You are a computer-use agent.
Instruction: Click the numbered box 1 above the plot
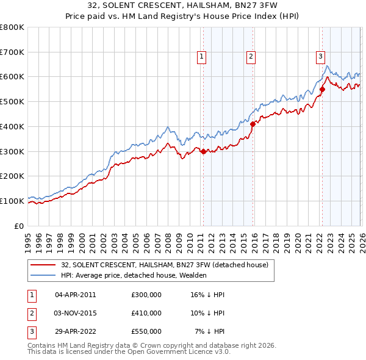tap(202, 57)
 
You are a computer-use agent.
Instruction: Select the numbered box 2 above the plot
tap(251, 57)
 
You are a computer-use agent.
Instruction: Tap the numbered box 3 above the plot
tap(320, 57)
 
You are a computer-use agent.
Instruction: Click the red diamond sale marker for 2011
tap(203, 151)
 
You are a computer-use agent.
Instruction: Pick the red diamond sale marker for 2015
tap(253, 124)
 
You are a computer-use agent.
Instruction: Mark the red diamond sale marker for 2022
tap(322, 89)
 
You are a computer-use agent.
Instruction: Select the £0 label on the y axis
tap(20, 226)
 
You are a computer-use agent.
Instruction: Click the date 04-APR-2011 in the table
tap(76, 294)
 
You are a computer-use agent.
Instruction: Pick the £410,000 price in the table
tap(146, 313)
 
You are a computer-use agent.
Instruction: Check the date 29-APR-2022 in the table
tap(76, 331)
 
